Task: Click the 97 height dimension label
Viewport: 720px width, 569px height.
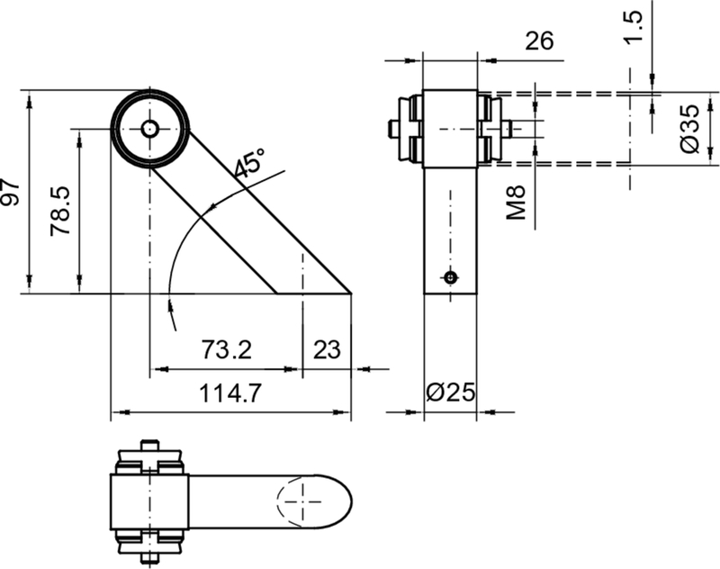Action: pyautogui.click(x=11, y=192)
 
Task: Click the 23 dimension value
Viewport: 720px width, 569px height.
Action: pyautogui.click(x=327, y=350)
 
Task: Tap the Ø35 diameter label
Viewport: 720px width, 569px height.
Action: pyautogui.click(x=688, y=128)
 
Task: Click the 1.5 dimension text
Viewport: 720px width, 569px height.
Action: pyautogui.click(x=634, y=28)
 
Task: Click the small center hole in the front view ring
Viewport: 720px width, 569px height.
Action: pyautogui.click(x=149, y=129)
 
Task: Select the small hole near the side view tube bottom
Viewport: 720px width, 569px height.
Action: pyautogui.click(x=450, y=277)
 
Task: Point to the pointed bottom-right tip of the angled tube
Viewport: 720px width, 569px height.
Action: pyautogui.click(x=349, y=293)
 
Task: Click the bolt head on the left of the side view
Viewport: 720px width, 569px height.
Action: pyautogui.click(x=396, y=130)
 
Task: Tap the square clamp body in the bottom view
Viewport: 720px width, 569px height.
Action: pyautogui.click(x=148, y=501)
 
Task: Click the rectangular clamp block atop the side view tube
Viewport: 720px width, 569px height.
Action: pyautogui.click(x=450, y=129)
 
